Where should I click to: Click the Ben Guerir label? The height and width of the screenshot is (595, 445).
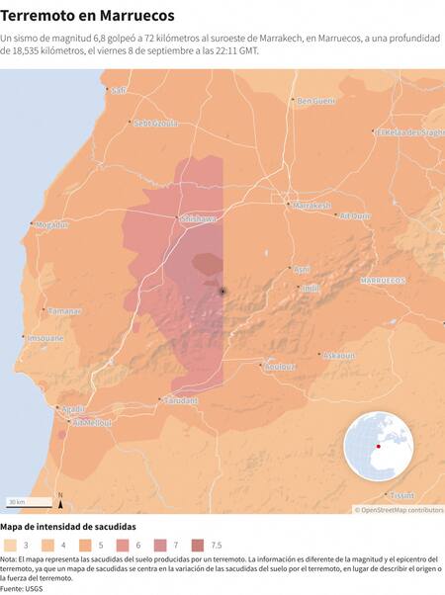[317, 100]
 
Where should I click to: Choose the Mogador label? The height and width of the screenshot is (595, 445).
[51, 224]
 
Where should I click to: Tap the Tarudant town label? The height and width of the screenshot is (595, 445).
[181, 400]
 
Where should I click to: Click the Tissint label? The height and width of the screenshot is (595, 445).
[401, 494]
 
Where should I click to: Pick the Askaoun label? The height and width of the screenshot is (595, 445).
[339, 354]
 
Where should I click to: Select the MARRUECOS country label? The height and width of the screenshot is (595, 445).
[384, 281]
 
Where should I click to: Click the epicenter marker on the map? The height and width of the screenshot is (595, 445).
[222, 291]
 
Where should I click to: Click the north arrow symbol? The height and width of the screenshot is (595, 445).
[60, 499]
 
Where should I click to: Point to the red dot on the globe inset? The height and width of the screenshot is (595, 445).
[378, 444]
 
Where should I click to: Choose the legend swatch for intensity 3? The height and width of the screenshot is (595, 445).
[11, 545]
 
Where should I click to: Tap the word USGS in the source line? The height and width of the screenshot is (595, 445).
[36, 588]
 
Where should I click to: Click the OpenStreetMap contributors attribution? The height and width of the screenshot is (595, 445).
[400, 510]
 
